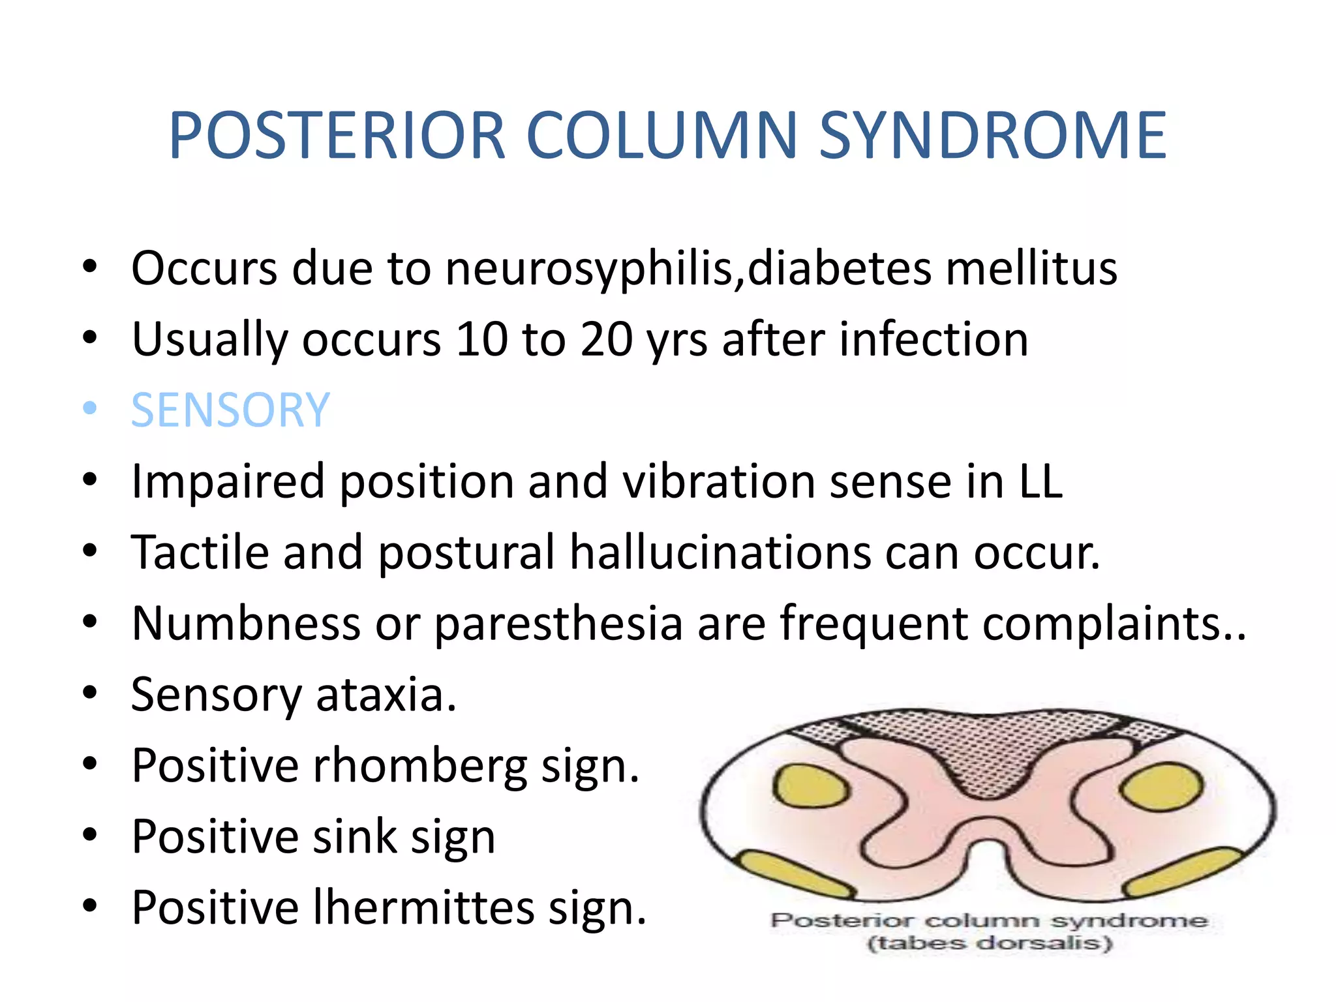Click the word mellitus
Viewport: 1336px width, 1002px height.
coord(1031,269)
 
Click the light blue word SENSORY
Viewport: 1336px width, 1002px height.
coord(230,410)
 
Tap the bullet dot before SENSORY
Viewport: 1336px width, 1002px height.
coord(90,409)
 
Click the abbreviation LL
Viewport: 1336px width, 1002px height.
coord(1040,481)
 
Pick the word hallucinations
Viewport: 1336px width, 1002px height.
coord(720,553)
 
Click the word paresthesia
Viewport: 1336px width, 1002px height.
coord(558,624)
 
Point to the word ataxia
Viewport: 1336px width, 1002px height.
coord(386,694)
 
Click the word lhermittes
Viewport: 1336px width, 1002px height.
coord(423,907)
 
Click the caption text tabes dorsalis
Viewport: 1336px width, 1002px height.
coord(989,943)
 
